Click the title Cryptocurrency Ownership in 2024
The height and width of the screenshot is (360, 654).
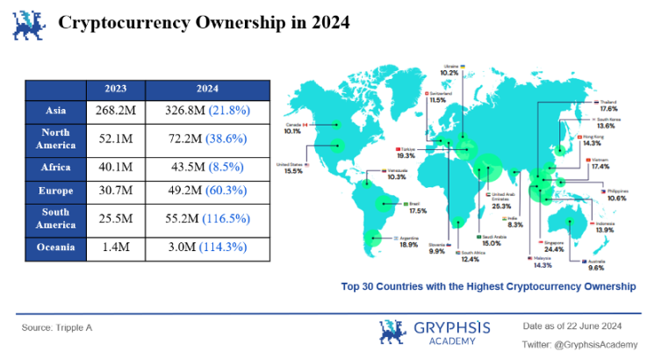tap(204, 23)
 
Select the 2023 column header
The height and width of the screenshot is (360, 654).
tap(115, 89)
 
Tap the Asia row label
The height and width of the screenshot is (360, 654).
tap(55, 112)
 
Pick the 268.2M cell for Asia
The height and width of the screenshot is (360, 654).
tap(115, 112)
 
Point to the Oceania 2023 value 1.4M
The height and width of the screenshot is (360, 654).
tap(115, 248)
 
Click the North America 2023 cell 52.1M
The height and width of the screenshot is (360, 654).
tap(115, 139)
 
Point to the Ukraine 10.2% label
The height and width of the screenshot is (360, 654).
tap(449, 69)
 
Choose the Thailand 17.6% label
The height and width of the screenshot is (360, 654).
tap(607, 105)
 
